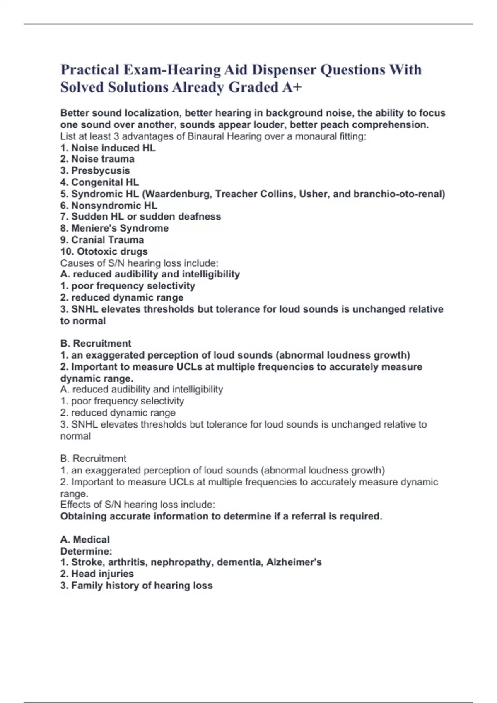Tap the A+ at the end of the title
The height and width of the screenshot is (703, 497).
292,87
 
